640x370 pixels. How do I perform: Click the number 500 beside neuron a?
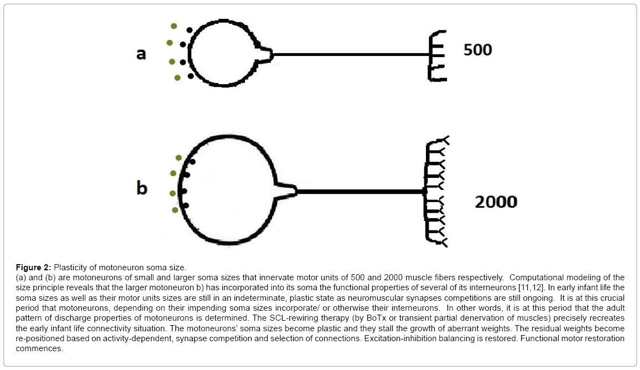(x=477, y=50)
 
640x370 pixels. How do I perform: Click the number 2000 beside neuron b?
(x=496, y=202)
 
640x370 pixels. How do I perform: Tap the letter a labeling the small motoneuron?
(x=141, y=54)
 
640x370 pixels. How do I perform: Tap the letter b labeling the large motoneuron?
(x=142, y=188)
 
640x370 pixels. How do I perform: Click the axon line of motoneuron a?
(x=351, y=54)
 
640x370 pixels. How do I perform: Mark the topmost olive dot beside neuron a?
(x=174, y=26)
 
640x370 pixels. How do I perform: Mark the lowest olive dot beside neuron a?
(x=177, y=78)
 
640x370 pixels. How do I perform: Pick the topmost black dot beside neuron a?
(x=189, y=30)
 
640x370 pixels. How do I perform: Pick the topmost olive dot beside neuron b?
(x=178, y=158)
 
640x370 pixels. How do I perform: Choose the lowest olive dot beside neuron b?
(x=175, y=210)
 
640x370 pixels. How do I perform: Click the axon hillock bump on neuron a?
(x=266, y=55)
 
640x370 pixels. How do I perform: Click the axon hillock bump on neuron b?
(x=287, y=191)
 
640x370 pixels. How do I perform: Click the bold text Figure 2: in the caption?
(x=34, y=268)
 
